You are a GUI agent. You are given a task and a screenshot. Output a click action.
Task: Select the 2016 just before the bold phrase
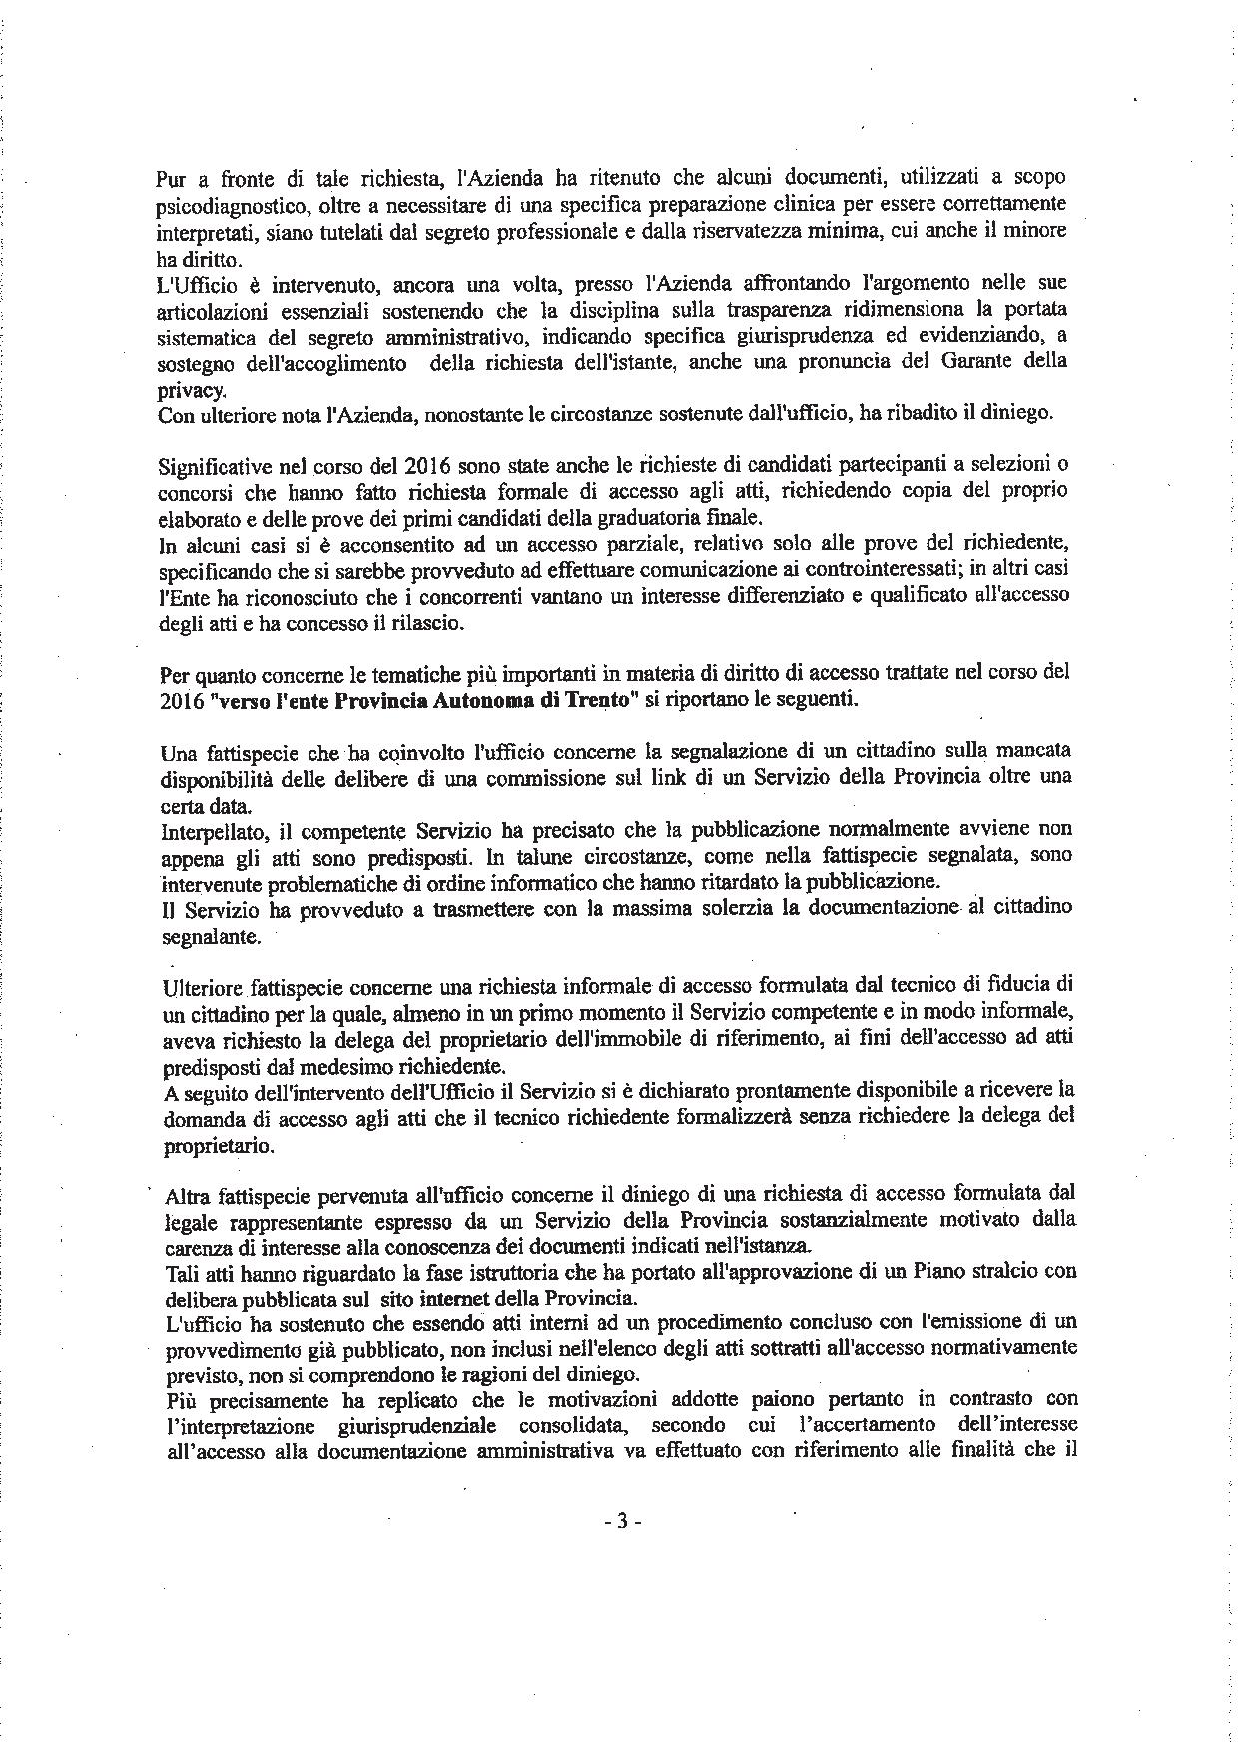point(180,700)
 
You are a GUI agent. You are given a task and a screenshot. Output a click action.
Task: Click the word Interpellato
point(207,830)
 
